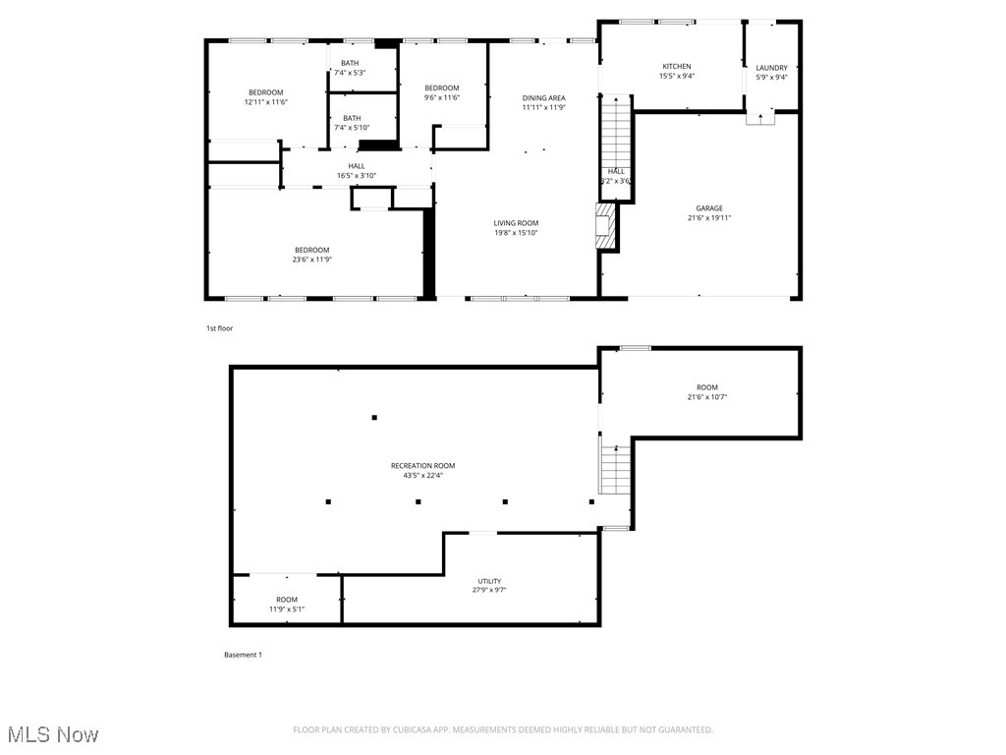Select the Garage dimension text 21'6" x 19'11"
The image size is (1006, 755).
click(709, 219)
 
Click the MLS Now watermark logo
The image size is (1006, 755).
click(53, 734)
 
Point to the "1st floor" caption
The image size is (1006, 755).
click(219, 328)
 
